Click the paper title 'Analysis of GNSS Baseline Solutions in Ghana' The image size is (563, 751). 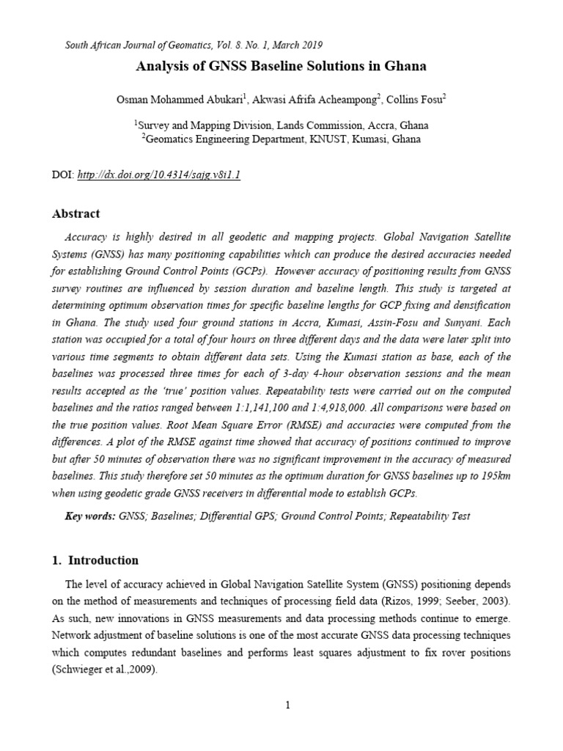281,66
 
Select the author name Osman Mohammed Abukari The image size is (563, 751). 176,100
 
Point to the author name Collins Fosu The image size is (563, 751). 413,100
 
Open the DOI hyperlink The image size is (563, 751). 157,175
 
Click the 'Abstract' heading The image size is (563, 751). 76,214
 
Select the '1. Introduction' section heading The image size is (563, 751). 95,560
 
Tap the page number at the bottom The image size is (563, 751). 288,706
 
